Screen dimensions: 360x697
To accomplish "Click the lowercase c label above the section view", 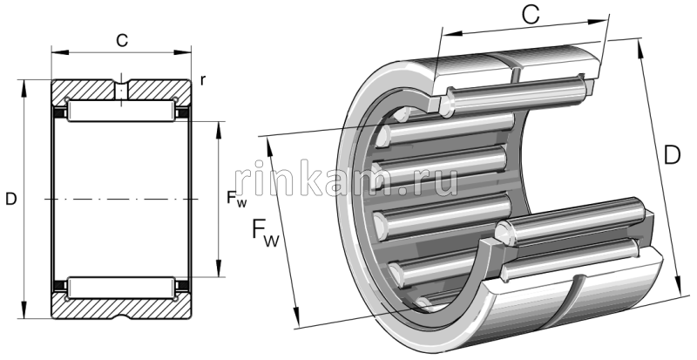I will (x=122, y=39).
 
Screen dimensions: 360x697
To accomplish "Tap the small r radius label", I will (x=202, y=81).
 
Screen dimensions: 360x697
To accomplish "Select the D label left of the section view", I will (x=10, y=200).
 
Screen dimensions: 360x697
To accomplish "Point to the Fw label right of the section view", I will (x=236, y=200).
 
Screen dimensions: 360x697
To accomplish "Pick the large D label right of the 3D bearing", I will (x=672, y=156).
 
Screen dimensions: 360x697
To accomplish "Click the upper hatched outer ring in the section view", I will (x=87, y=90).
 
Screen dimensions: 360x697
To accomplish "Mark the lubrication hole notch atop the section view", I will (x=121, y=89).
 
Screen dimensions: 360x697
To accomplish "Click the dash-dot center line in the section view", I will (x=121, y=199).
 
